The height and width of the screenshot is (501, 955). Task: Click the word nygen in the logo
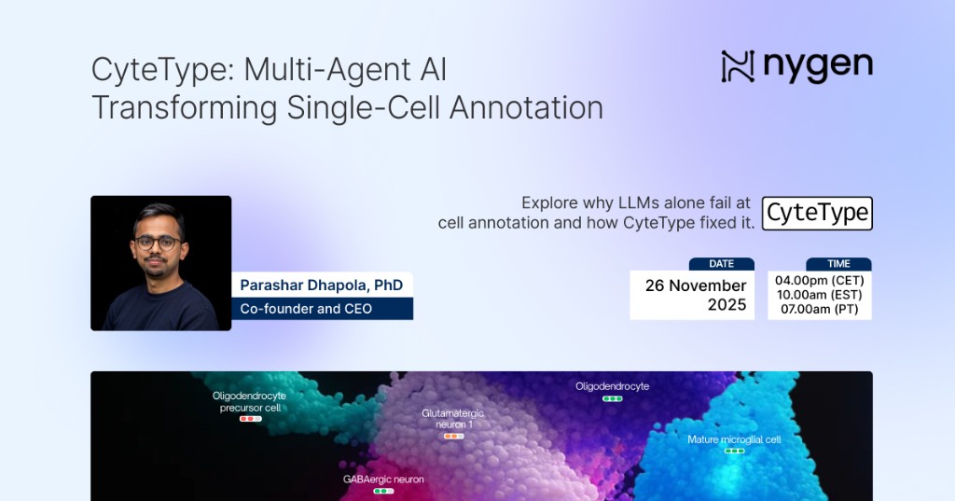tap(818, 66)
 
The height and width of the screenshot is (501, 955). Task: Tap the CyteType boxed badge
tap(817, 214)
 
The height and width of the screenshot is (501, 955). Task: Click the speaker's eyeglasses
tap(157, 243)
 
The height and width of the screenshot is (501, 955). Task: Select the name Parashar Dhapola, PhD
tap(321, 285)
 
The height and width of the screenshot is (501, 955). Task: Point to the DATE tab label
tap(721, 264)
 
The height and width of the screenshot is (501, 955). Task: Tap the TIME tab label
tap(837, 264)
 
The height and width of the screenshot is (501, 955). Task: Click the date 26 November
tap(696, 285)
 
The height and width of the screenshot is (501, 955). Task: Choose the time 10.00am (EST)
tap(819, 295)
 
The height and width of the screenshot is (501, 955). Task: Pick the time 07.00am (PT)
tap(819, 309)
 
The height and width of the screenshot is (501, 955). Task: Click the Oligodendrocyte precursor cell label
tap(250, 401)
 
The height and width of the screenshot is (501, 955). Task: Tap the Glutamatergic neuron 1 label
tap(453, 418)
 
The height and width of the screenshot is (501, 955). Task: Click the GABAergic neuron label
tap(383, 480)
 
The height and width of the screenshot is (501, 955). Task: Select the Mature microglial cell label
tap(734, 438)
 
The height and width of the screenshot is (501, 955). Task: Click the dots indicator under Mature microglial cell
tap(735, 451)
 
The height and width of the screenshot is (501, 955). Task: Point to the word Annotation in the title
tap(526, 107)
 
